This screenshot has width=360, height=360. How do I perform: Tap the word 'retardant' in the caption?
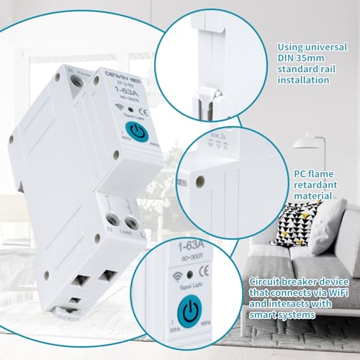pyautogui.click(x=312, y=184)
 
